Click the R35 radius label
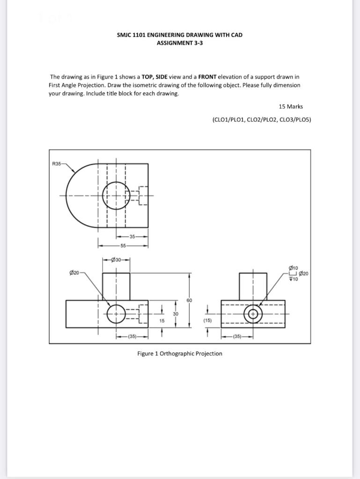click(56, 164)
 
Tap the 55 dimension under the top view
click(123, 245)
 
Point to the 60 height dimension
click(189, 300)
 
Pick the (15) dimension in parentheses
click(207, 321)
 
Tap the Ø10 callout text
click(294, 268)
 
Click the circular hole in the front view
click(116, 314)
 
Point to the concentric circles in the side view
click(253, 314)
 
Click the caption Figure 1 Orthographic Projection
click(180, 354)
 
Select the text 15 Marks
click(291, 107)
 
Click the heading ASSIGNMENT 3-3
click(180, 43)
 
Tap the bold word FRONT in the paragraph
click(207, 77)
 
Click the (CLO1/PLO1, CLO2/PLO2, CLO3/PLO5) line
click(261, 120)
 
